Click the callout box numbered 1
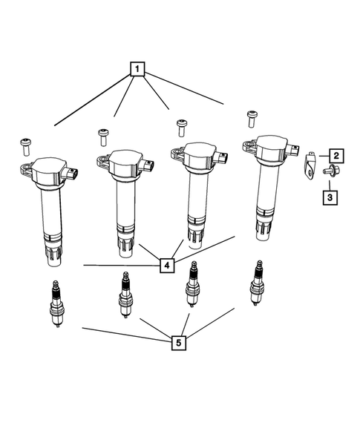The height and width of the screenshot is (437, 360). (x=137, y=69)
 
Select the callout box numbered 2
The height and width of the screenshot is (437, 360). (x=336, y=156)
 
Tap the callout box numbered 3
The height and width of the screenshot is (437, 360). (x=330, y=197)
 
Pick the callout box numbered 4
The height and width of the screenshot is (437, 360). (x=167, y=266)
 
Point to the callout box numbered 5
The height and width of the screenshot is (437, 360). (x=178, y=343)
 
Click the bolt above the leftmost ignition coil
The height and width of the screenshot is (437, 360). (x=25, y=147)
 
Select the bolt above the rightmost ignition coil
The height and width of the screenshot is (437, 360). (x=252, y=119)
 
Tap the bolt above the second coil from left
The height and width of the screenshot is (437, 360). (x=103, y=137)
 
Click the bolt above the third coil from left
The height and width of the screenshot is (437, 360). (x=182, y=128)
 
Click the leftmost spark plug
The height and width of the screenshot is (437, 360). (x=56, y=303)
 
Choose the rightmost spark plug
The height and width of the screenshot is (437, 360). (x=256, y=283)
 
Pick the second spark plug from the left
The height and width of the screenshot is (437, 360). (x=125, y=295)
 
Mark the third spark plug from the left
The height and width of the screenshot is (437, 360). (x=192, y=284)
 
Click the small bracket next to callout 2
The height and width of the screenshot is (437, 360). (x=309, y=165)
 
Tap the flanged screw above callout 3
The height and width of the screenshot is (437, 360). (x=330, y=171)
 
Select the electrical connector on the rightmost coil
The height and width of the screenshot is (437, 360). (x=292, y=150)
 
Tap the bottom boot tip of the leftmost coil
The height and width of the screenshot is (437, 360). (x=53, y=260)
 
